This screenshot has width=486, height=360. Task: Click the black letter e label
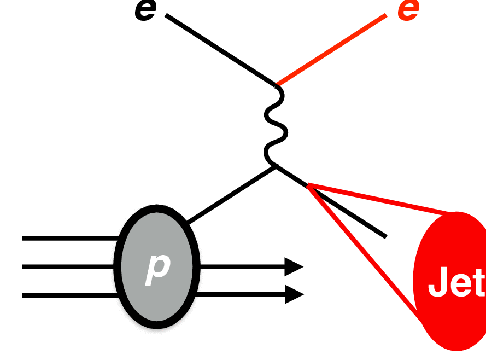coord(145,11)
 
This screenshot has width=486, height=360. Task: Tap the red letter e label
coord(408,11)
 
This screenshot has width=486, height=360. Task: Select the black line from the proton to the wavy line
coord(230,194)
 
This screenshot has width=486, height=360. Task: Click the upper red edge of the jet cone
coord(383,199)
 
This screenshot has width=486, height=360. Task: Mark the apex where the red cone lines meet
coord(308,186)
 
